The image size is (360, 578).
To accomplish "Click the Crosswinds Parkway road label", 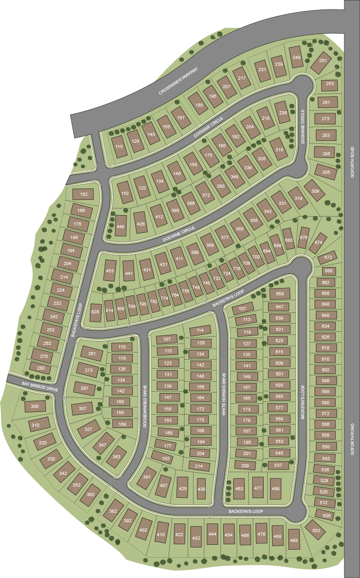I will [x=179, y=81].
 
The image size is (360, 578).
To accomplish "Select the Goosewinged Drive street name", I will [x=145, y=406].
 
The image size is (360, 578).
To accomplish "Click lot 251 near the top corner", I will [x=323, y=61].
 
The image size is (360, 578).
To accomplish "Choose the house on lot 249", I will [x=297, y=57].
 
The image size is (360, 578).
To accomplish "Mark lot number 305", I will [x=326, y=172].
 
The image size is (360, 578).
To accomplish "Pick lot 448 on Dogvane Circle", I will [x=120, y=226].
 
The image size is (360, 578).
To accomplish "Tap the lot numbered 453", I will [x=110, y=271].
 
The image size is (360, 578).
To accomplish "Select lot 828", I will [x=95, y=312].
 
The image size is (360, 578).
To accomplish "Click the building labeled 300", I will [x=35, y=406].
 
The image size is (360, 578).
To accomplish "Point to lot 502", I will [x=316, y=531].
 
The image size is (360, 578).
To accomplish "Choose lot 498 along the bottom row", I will [x=294, y=540].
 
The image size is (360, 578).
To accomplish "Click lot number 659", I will [x=280, y=294].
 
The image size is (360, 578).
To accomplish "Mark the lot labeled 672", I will [x=328, y=257].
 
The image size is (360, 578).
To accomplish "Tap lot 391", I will [x=146, y=477].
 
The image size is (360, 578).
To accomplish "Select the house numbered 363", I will [x=117, y=456].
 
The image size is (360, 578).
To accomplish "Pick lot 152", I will [x=84, y=194].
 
